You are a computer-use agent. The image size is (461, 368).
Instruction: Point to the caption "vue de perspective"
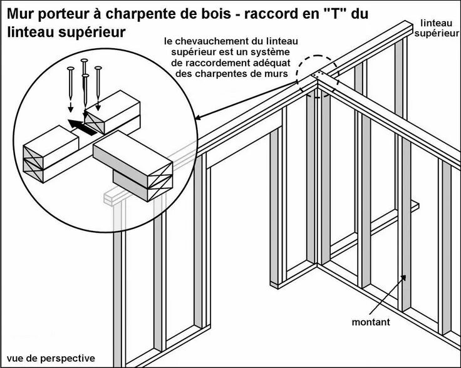click(x=48, y=358)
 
